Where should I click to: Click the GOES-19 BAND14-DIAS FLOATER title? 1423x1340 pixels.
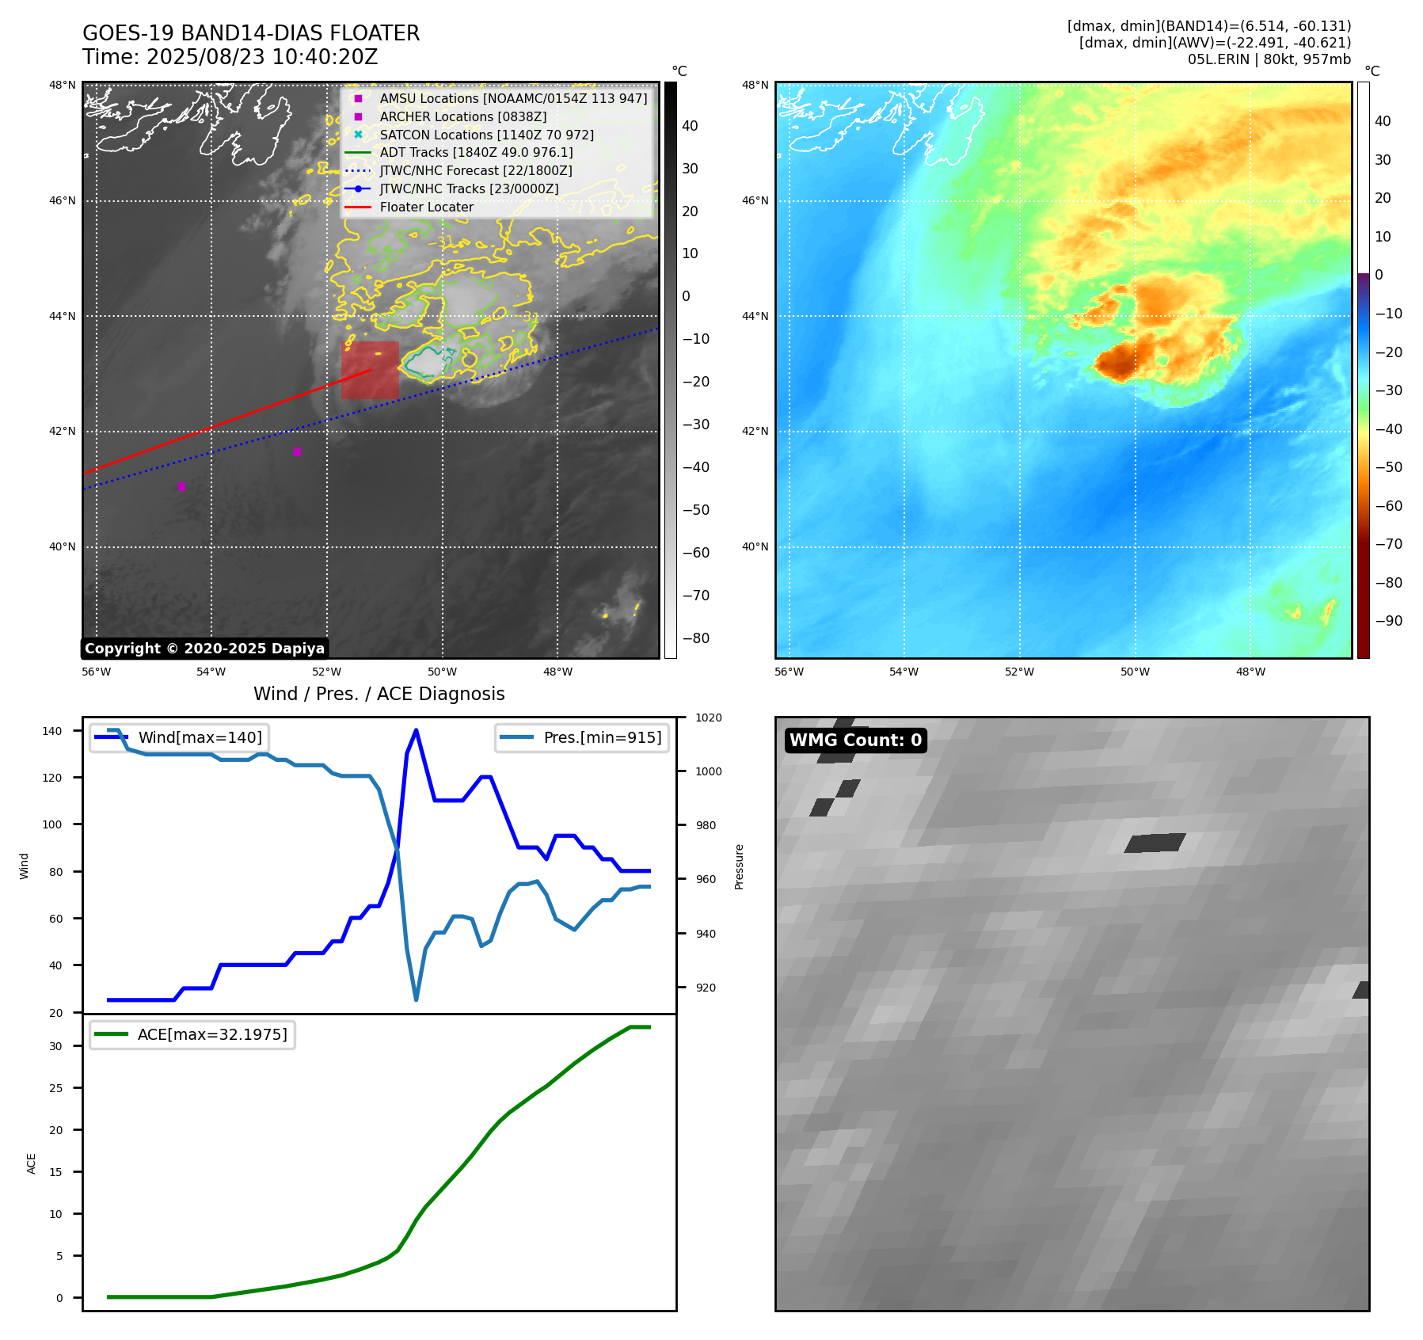(251, 33)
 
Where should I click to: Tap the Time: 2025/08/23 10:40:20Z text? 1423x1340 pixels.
(230, 57)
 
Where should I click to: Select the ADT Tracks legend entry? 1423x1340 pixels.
(475, 152)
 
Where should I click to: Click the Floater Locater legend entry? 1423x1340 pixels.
(426, 207)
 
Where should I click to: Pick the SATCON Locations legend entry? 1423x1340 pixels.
(486, 135)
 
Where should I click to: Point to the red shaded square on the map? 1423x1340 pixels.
(370, 370)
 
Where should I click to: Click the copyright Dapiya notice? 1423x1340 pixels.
(204, 649)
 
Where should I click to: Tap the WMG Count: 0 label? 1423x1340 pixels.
(855, 740)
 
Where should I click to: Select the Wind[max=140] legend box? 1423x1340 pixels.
(179, 737)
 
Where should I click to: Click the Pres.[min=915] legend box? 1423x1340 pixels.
(582, 737)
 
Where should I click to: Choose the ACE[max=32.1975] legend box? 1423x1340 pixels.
(192, 1034)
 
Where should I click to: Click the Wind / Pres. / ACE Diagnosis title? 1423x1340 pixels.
(379, 694)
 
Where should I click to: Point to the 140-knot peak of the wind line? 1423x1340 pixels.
(417, 730)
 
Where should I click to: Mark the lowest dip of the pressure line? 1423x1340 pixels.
(416, 999)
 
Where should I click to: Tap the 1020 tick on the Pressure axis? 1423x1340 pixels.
(709, 718)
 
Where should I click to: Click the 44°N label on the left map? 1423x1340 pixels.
(63, 316)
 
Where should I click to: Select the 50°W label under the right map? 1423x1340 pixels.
(1135, 672)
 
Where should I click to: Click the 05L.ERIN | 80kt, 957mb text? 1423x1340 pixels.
(1269, 59)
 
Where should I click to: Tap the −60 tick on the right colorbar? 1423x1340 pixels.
(1389, 505)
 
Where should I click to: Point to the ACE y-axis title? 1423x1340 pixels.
(32, 1163)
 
